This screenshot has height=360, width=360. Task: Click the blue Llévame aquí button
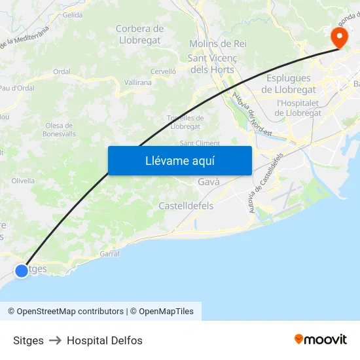click(179, 161)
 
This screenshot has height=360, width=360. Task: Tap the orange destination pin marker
click(339, 37)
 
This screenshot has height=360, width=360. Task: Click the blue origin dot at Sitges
click(22, 270)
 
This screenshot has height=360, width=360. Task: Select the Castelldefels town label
click(186, 206)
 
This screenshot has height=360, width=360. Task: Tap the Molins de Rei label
click(217, 44)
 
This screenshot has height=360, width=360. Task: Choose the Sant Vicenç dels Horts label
click(212, 63)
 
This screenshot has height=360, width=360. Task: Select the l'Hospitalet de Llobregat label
click(298, 107)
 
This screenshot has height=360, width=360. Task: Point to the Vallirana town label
click(137, 82)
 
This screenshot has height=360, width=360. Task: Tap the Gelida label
click(73, 14)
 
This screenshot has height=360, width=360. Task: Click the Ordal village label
click(62, 72)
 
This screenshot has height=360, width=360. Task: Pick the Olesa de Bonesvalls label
click(60, 130)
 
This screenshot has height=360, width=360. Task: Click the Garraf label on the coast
click(109, 253)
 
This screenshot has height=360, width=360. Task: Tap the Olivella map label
click(23, 181)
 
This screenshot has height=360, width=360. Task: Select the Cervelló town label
click(163, 71)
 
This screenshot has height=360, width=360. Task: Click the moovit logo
click(321, 340)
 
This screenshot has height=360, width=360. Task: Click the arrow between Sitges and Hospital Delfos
click(55, 340)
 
